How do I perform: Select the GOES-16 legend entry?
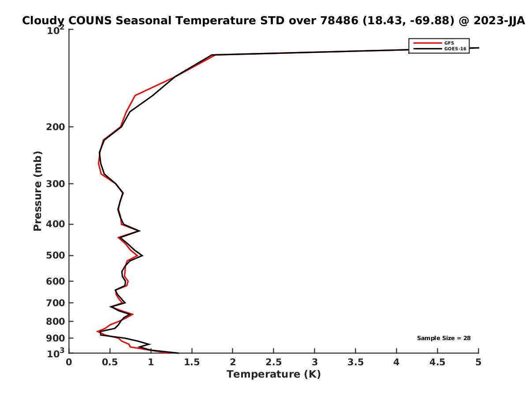pyautogui.click(x=454, y=49)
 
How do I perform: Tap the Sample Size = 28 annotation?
pyautogui.click(x=443, y=338)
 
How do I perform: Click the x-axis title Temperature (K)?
pyautogui.click(x=273, y=375)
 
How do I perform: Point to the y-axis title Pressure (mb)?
pyautogui.click(x=37, y=191)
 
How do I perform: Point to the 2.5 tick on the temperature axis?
pyautogui.click(x=273, y=363)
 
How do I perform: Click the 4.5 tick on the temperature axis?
pyautogui.click(x=437, y=363)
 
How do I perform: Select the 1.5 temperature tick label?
pyautogui.click(x=192, y=363)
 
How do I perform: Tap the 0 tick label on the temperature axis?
pyautogui.click(x=69, y=363)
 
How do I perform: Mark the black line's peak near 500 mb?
pyautogui.click(x=142, y=255)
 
